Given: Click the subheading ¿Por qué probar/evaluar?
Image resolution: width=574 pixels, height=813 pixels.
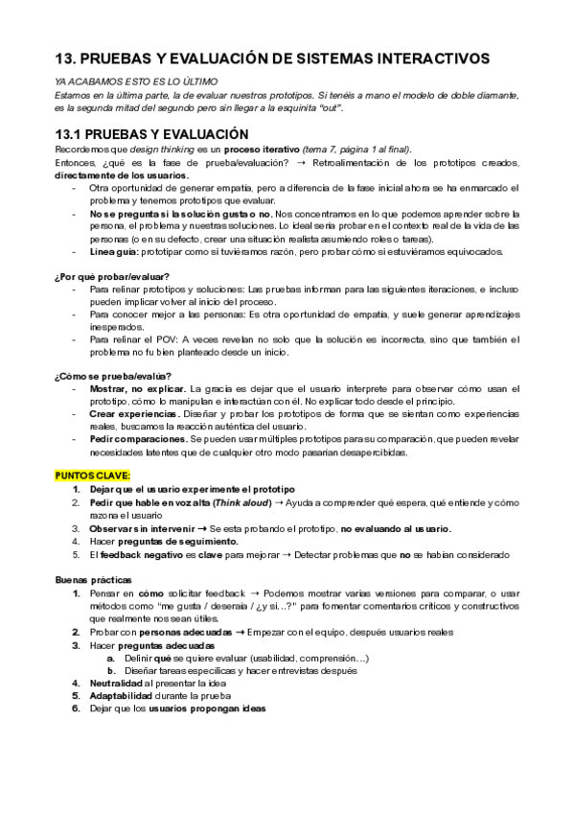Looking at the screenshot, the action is (x=112, y=276).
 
